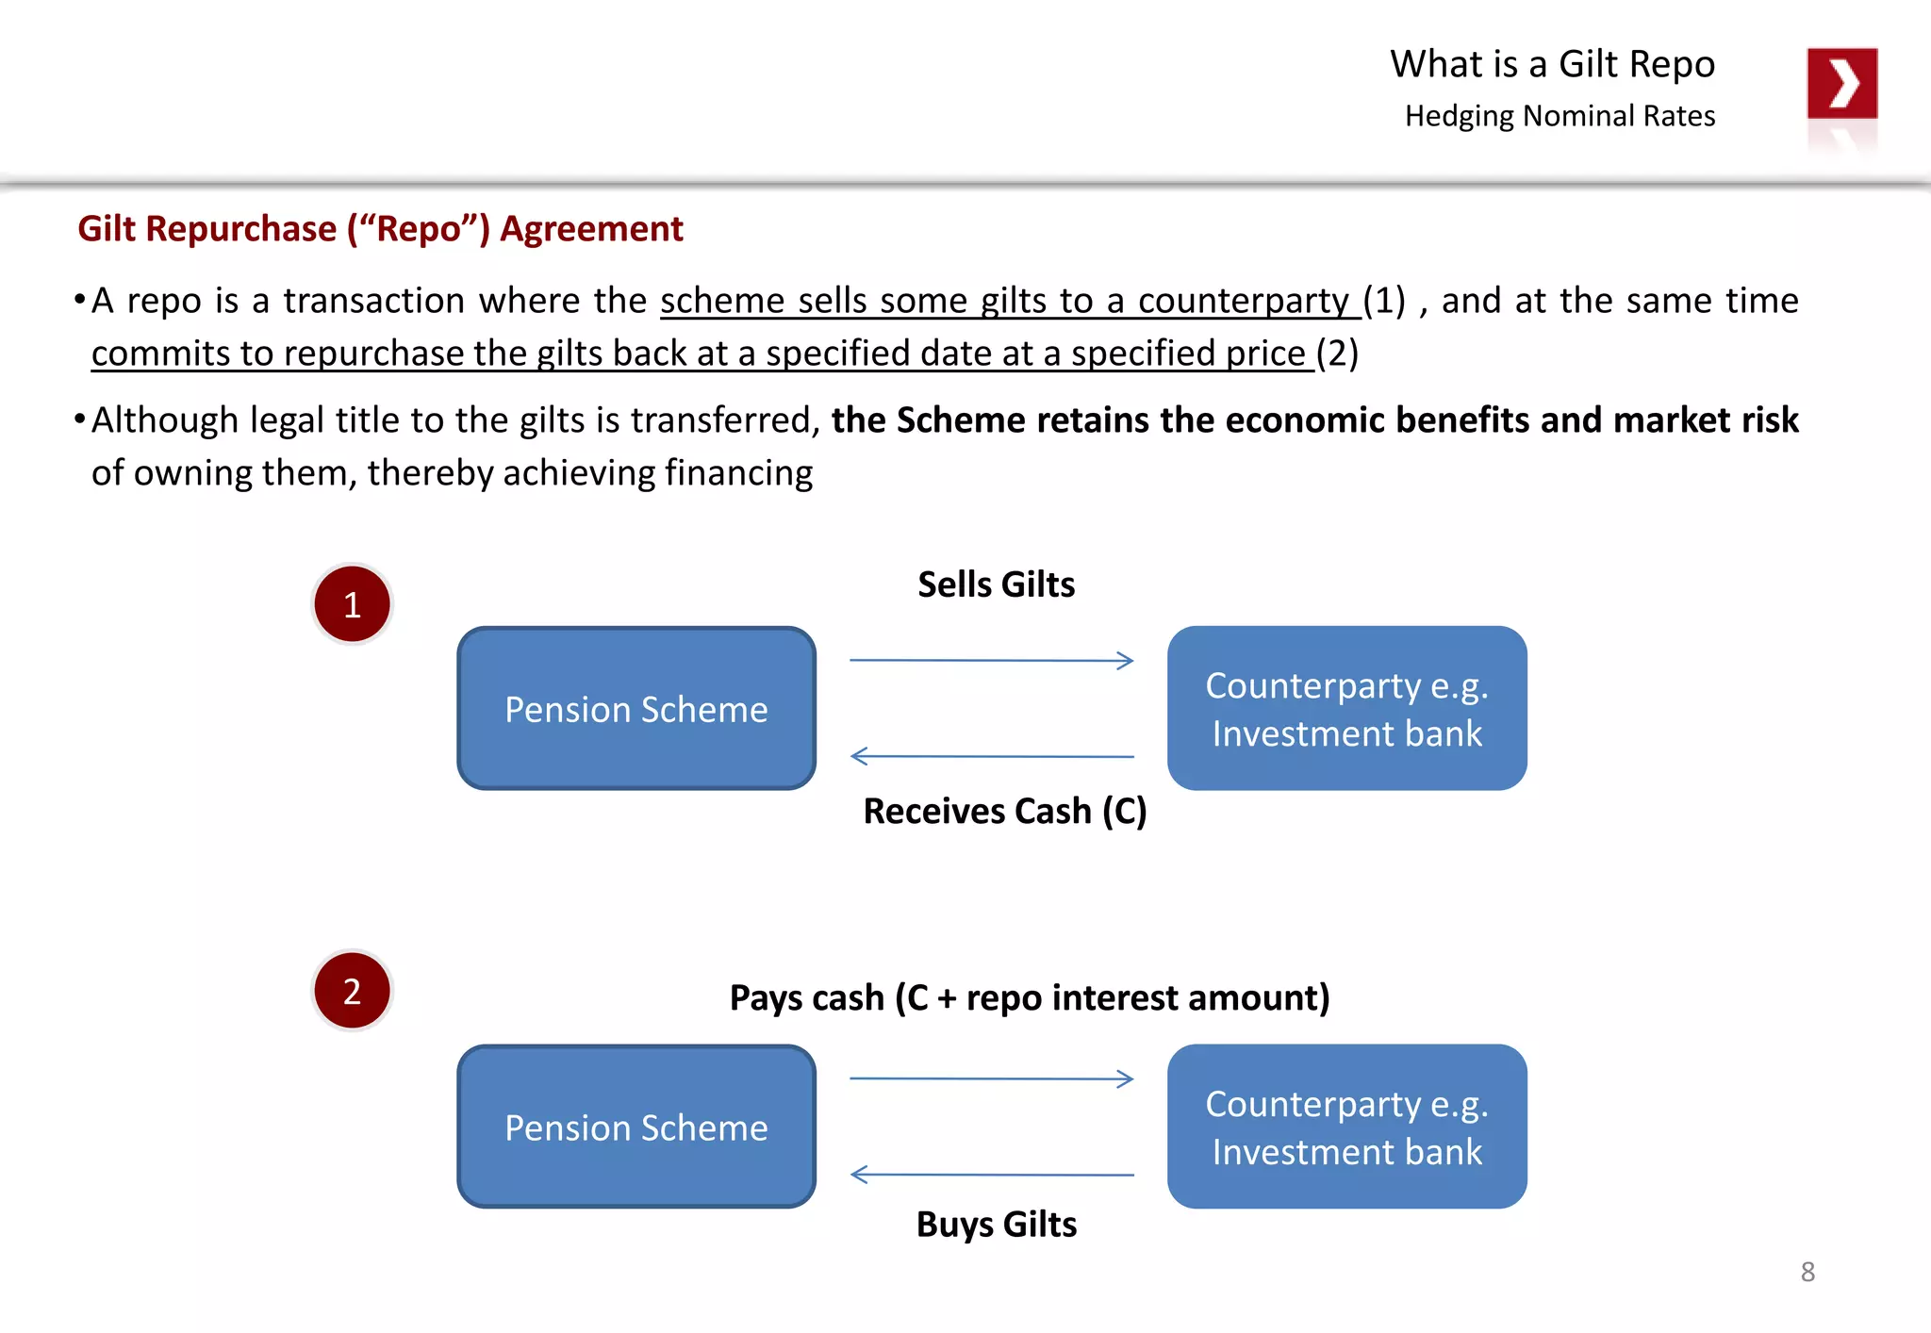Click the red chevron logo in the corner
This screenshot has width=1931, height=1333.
click(x=1841, y=84)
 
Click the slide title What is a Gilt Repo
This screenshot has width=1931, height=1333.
click(x=1552, y=64)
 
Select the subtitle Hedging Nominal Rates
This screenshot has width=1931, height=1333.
click(x=1560, y=116)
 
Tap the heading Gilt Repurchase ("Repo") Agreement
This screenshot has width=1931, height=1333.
click(x=380, y=229)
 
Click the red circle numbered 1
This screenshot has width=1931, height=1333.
click(x=352, y=604)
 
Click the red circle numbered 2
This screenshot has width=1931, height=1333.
click(x=352, y=991)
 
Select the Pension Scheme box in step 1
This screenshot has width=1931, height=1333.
click(x=636, y=709)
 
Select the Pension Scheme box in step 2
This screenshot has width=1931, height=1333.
click(x=636, y=1127)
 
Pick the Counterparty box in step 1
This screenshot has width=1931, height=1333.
click(x=1346, y=709)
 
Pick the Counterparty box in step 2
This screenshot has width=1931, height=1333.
click(x=1346, y=1127)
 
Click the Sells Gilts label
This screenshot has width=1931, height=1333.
click(x=996, y=584)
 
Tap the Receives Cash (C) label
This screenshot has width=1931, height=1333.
click(x=1004, y=811)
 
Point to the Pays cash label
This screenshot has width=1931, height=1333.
click(x=1029, y=997)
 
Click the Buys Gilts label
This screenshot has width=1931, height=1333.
click(x=996, y=1225)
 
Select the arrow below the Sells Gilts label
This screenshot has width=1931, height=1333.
click(x=991, y=661)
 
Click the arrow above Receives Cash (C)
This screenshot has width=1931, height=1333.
click(x=991, y=756)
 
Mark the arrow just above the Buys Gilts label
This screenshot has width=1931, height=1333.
click(x=991, y=1175)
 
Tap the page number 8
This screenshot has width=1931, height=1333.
click(x=1807, y=1272)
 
